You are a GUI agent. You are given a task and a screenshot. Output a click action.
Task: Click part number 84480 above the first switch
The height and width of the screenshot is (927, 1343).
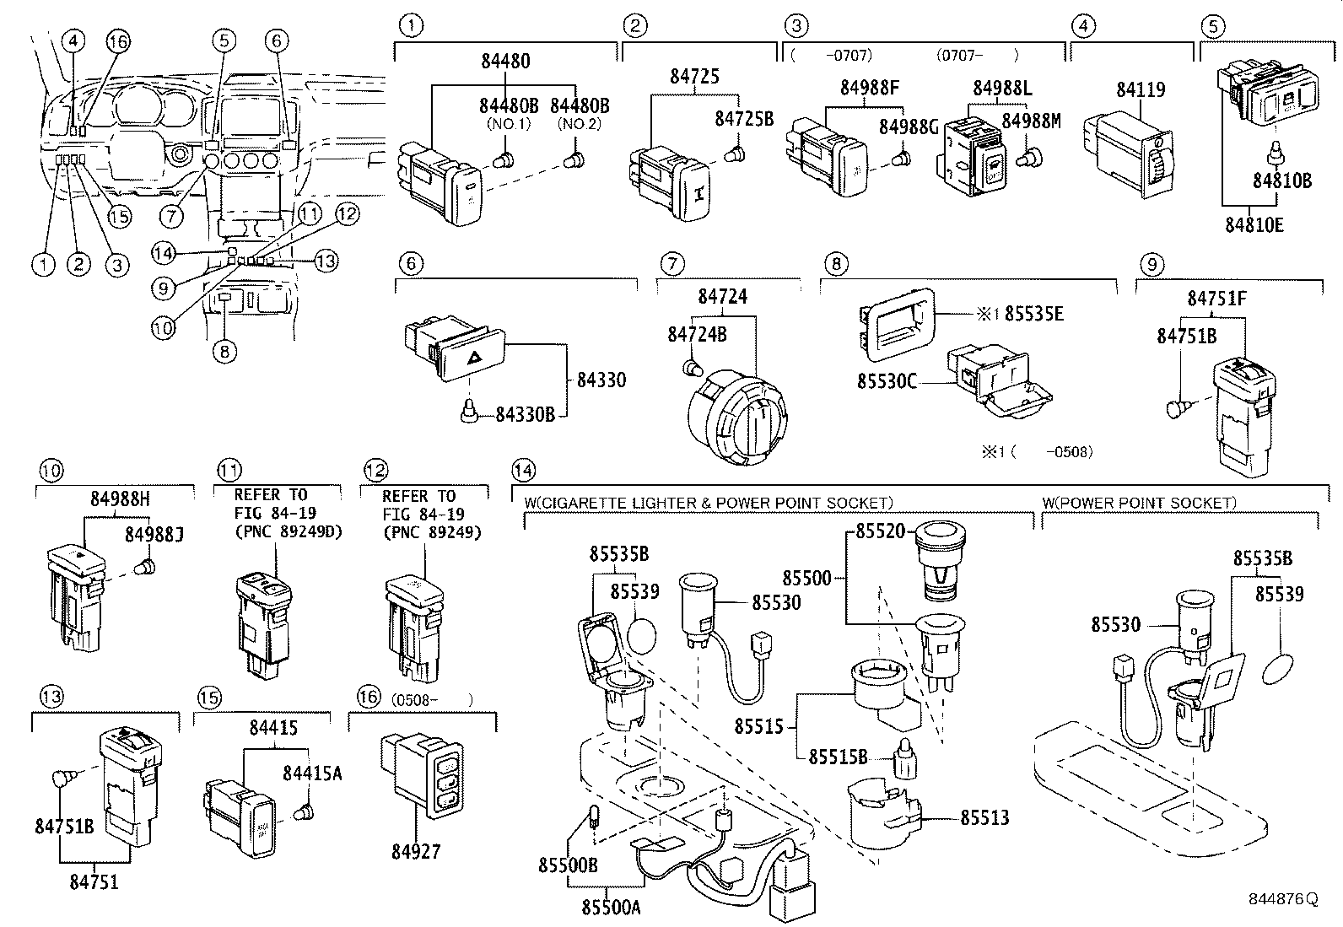coord(506,62)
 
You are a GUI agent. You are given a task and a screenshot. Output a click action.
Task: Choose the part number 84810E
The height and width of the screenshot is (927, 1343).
coord(1254,224)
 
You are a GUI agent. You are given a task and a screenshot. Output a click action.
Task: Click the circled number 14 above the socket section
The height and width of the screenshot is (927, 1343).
coord(524,470)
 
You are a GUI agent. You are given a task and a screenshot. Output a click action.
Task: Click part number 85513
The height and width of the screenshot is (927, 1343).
coord(984,817)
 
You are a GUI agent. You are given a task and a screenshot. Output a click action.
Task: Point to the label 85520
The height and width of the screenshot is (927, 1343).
coord(879,531)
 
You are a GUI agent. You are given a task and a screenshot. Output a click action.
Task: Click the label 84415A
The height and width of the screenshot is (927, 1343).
coord(312,773)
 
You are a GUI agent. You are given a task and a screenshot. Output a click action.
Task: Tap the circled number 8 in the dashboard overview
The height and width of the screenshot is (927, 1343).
coord(224,352)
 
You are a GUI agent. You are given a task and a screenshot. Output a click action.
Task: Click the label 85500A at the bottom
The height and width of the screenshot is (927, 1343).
coord(611,907)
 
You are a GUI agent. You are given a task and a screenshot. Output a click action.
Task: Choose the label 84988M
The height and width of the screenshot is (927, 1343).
coord(1030,121)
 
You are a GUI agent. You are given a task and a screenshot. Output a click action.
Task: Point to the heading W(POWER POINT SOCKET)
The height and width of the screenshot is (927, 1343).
coord(1139,504)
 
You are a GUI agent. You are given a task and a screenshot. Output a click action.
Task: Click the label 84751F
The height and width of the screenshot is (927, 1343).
coord(1216,298)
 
